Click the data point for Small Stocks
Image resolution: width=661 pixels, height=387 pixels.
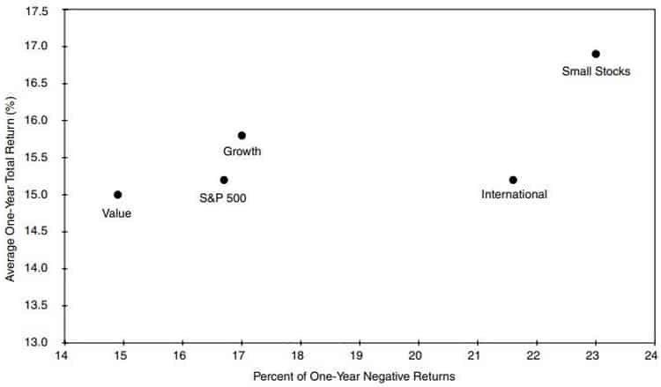[596, 54]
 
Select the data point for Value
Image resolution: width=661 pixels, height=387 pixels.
[117, 195]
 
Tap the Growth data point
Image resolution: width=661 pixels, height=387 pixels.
[241, 135]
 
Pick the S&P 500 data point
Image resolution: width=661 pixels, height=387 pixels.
[224, 180]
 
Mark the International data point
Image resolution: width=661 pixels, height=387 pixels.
[513, 180]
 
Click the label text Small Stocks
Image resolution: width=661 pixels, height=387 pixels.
[596, 71]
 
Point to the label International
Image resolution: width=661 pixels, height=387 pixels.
[514, 195]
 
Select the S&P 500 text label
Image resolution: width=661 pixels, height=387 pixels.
[223, 197]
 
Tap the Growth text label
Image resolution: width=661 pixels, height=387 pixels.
[241, 152]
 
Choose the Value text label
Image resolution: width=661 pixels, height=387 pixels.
[116, 212]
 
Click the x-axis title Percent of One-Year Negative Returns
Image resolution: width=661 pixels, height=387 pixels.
[354, 376]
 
